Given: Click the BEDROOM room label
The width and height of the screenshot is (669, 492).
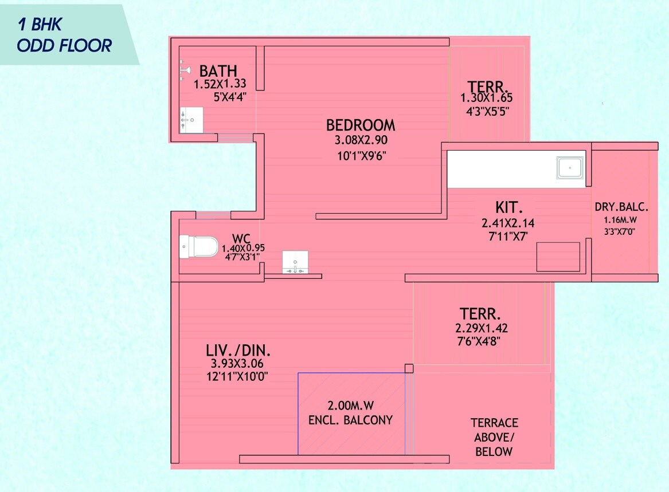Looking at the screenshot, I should [x=361, y=125].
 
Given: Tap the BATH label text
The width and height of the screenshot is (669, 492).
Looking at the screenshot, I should [x=218, y=71].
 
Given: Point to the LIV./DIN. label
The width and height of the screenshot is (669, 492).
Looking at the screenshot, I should [x=238, y=351].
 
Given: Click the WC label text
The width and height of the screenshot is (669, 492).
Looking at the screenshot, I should [x=241, y=238].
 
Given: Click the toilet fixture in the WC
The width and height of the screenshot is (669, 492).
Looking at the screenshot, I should [x=198, y=246].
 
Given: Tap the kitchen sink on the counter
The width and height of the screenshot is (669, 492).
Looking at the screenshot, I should [x=570, y=168].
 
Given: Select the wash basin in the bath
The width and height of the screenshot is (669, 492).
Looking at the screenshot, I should [x=191, y=120].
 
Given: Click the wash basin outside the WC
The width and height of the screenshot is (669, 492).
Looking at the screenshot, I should [x=295, y=262].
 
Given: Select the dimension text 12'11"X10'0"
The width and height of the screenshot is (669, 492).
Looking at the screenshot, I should [x=237, y=376].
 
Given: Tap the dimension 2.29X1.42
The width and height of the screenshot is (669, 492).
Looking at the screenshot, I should [x=481, y=329].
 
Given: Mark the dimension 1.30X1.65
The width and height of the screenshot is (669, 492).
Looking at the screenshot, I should [x=487, y=99].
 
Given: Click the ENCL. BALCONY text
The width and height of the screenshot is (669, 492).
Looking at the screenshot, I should [x=350, y=420].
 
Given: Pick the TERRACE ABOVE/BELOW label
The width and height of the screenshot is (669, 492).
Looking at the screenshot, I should [x=494, y=437].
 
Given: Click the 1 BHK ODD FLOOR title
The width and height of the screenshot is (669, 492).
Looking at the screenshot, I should [x=64, y=36].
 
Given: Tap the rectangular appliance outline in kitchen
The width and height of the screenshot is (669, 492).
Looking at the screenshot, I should [x=558, y=257].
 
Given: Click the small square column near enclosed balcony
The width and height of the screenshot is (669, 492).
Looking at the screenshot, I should [x=409, y=368].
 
